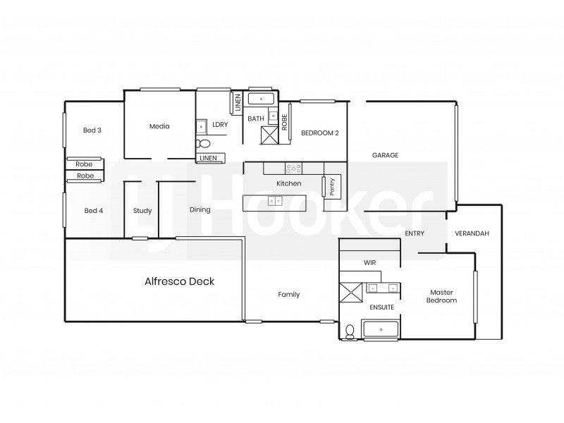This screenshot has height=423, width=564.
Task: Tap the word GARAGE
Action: [386, 155]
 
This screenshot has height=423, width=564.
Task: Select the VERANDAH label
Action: [472, 233]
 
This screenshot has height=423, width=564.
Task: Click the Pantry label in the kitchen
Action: [331, 186]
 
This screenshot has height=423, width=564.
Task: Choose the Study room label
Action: [142, 210]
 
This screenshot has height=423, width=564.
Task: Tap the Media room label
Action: [159, 127]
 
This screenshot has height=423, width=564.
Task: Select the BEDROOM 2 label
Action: [320, 133]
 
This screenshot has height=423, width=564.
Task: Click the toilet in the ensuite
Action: [350, 331]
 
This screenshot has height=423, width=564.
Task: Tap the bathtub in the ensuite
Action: [381, 329]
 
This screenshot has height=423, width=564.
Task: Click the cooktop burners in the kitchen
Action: [293, 168]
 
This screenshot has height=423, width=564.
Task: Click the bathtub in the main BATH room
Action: [261, 99]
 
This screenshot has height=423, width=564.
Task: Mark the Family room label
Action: [288, 295]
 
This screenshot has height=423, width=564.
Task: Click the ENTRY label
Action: [414, 233]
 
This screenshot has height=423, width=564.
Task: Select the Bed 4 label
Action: [94, 210]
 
